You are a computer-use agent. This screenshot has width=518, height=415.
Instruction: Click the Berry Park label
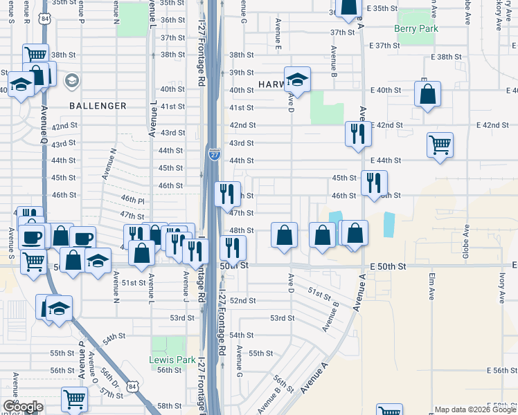pyautogui.click(x=416, y=28)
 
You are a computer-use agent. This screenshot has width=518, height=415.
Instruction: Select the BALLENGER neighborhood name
pyautogui.click(x=98, y=106)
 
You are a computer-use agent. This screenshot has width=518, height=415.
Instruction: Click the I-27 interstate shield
pyautogui.click(x=215, y=154)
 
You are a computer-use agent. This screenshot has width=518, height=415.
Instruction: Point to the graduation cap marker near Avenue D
pyautogui.click(x=297, y=80)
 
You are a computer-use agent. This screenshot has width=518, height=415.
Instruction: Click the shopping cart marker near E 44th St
pyautogui.click(x=440, y=145)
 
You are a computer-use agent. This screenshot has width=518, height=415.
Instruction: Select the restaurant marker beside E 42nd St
pyautogui.click(x=358, y=133)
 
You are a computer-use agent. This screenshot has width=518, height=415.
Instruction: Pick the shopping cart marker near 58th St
pyautogui.click(x=74, y=399)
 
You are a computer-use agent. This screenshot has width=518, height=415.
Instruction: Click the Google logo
pyautogui.click(x=22, y=407)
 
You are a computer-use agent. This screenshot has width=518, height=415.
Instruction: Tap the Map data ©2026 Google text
pyautogui.click(x=475, y=409)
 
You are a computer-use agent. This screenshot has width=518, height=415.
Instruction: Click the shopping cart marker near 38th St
pyautogui.click(x=36, y=55)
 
